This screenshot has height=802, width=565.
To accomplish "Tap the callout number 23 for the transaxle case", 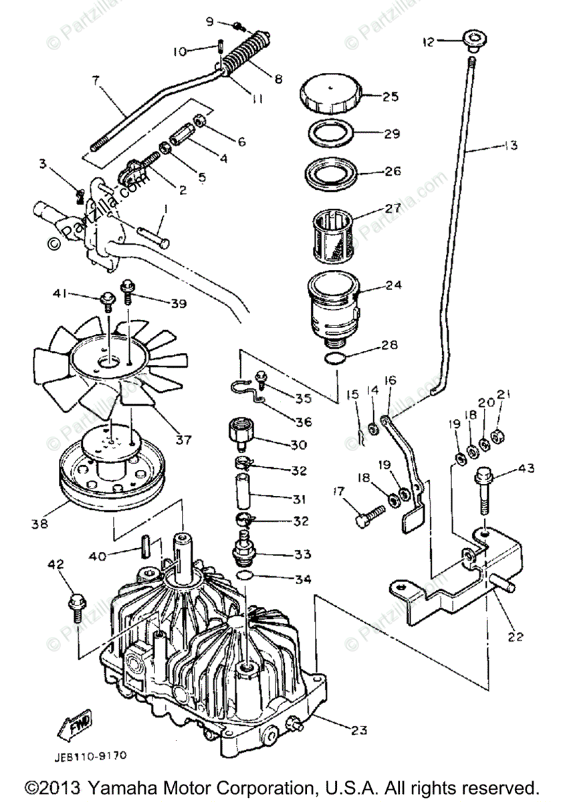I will click(359, 730).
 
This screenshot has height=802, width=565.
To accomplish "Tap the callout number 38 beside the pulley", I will click(39, 524).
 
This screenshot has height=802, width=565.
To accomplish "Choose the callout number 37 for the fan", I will click(183, 439).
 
